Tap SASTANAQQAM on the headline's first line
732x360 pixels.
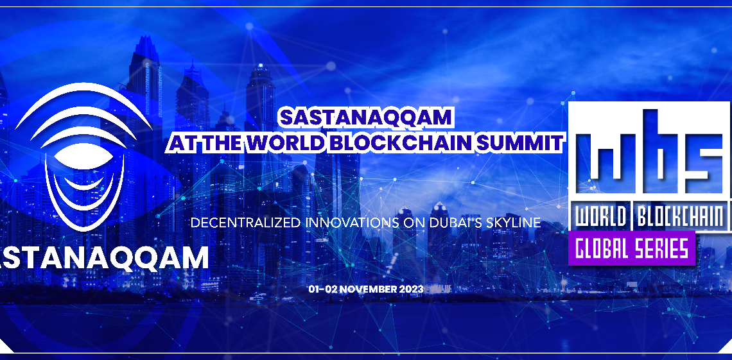pos(365,118)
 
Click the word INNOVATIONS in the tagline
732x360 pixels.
pos(352,223)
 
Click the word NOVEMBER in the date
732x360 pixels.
pos(368,289)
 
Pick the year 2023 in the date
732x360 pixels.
pos(412,289)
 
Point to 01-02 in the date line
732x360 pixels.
pos(322,289)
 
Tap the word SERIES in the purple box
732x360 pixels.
pos(659,248)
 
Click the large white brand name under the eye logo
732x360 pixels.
pos(103,258)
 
